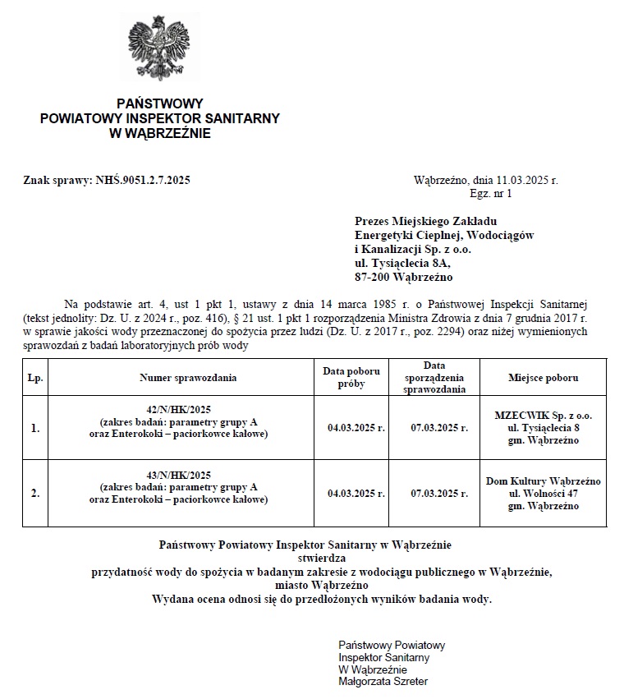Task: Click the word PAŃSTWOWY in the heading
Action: click(x=159, y=103)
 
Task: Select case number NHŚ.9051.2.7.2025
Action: click(x=143, y=180)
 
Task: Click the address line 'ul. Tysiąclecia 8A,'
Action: click(x=402, y=264)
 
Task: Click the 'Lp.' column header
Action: click(x=35, y=378)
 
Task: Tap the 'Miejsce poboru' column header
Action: click(x=543, y=378)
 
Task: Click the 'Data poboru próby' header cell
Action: click(x=351, y=378)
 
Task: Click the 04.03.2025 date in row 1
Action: click(x=356, y=428)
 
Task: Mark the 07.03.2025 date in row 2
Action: click(x=439, y=494)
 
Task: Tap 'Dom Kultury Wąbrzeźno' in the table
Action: click(x=543, y=481)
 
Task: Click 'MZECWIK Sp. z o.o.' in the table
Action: click(x=543, y=415)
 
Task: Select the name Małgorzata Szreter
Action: click(x=383, y=681)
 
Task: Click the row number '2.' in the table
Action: click(x=35, y=494)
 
